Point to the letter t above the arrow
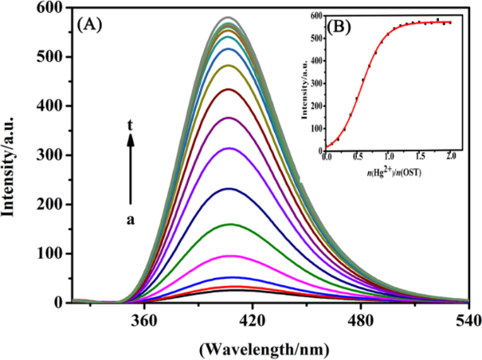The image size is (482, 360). point(131,124)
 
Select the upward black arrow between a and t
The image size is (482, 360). point(131,167)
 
